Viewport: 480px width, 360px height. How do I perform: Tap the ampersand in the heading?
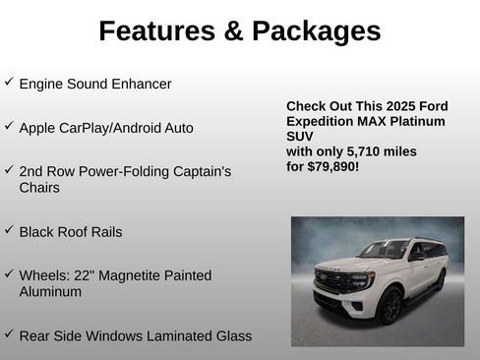coord(234,31)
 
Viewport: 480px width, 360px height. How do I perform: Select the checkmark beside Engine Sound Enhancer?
coord(9,82)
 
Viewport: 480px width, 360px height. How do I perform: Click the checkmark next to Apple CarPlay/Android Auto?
coord(9,126)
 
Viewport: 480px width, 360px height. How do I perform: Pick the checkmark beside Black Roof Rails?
coord(9,230)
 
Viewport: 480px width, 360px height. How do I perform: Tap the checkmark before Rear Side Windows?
coord(9,334)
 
